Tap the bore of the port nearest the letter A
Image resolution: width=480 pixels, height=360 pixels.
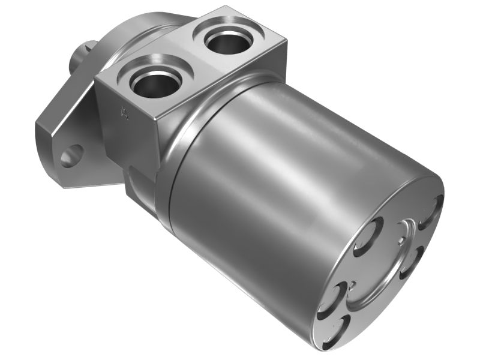[x=155, y=83]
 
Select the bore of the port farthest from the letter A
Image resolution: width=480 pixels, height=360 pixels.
[x=226, y=41]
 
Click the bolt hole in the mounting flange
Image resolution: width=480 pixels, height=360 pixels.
[x=71, y=155]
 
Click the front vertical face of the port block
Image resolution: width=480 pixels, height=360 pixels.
[x=129, y=120]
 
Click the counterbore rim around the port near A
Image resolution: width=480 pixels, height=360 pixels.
[x=135, y=72]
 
